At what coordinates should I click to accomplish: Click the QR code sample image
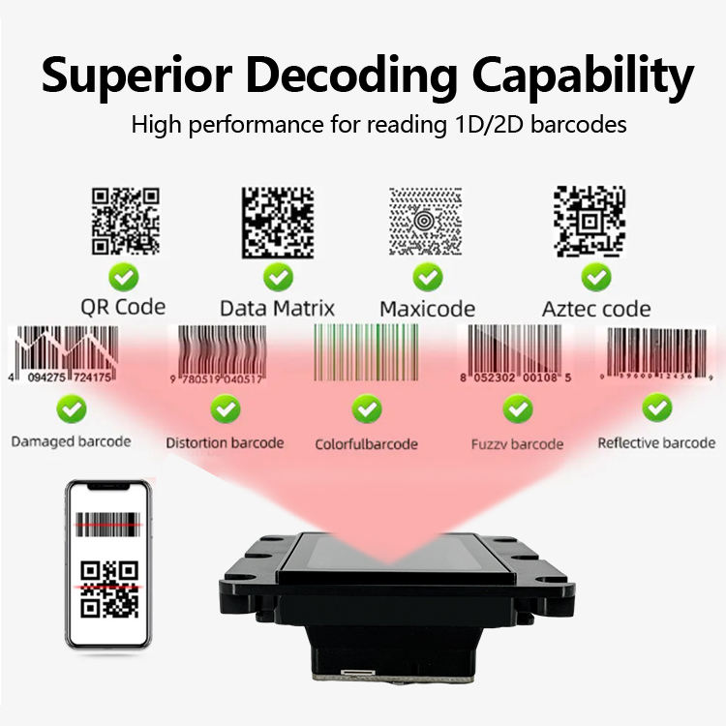pos(125,222)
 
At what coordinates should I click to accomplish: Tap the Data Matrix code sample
pos(278,222)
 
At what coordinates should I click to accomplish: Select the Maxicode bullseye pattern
pos(427,222)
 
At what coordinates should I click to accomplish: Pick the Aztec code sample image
pos(589,222)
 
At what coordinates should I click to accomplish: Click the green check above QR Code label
pos(123,278)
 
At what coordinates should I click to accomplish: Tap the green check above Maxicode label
pos(427,278)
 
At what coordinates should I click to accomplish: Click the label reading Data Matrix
pos(278,309)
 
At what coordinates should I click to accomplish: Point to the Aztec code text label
pos(595,309)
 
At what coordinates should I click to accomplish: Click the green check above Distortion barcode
pos(226,408)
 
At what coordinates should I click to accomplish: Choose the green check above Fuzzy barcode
pos(517,408)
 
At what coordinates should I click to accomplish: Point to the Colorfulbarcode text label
pos(366,444)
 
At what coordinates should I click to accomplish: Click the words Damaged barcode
pos(71,441)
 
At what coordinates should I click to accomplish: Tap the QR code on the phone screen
pos(109,589)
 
